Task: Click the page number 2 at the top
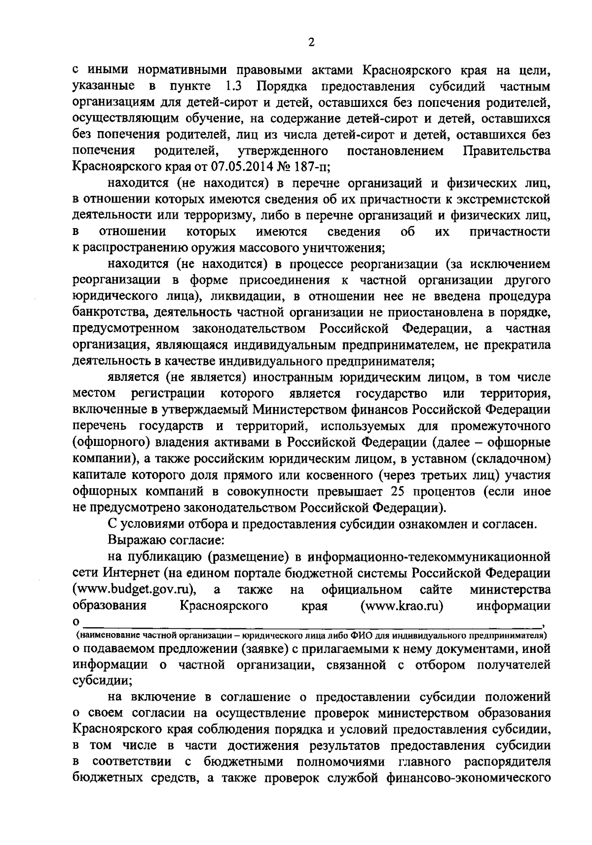pyautogui.click(x=311, y=43)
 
